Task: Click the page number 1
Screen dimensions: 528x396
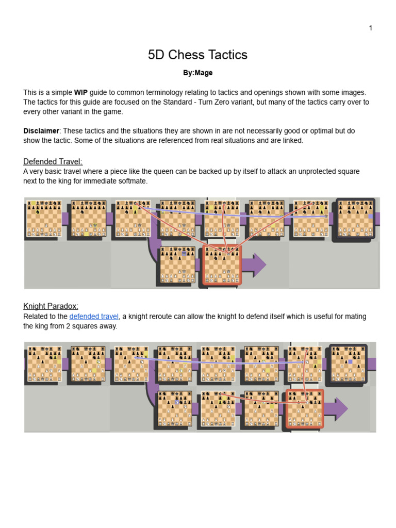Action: click(370, 28)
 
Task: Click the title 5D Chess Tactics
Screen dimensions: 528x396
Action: click(197, 55)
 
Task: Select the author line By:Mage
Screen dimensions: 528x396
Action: click(197, 73)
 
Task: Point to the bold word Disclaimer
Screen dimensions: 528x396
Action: click(41, 131)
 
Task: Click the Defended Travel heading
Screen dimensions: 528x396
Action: click(53, 162)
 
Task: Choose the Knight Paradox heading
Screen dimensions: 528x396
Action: click(51, 306)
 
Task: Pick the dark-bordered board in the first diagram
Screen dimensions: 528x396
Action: click(356, 219)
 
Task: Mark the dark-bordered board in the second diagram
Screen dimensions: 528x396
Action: click(349, 363)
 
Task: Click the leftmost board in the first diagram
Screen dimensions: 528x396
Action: click(44, 219)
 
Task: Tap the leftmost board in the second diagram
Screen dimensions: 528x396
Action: click(44, 364)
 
